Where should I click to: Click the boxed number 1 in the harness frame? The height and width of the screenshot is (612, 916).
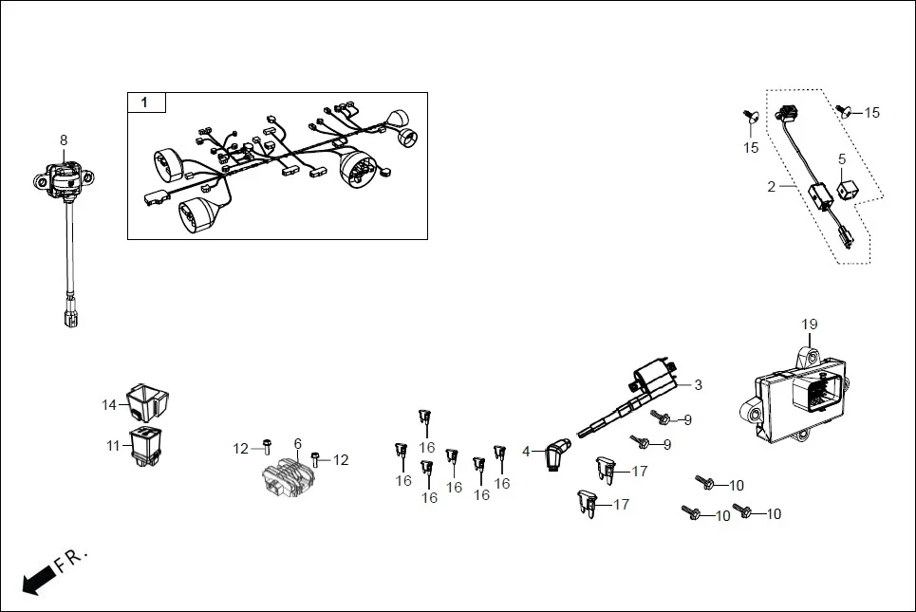click(145, 102)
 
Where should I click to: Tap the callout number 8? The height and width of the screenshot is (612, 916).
click(64, 140)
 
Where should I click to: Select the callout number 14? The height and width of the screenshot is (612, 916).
click(109, 405)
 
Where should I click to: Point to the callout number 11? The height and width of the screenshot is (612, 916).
click(112, 445)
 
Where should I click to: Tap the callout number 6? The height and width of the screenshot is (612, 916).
click(297, 443)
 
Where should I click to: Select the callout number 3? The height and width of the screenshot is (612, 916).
click(698, 385)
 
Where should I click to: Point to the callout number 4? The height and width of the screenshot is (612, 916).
click(526, 451)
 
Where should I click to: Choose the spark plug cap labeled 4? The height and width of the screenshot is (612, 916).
click(557, 454)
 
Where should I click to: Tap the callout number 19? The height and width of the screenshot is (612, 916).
click(809, 325)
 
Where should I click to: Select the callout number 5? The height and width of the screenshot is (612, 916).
click(841, 159)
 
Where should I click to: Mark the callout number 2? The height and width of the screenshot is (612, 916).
click(772, 187)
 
